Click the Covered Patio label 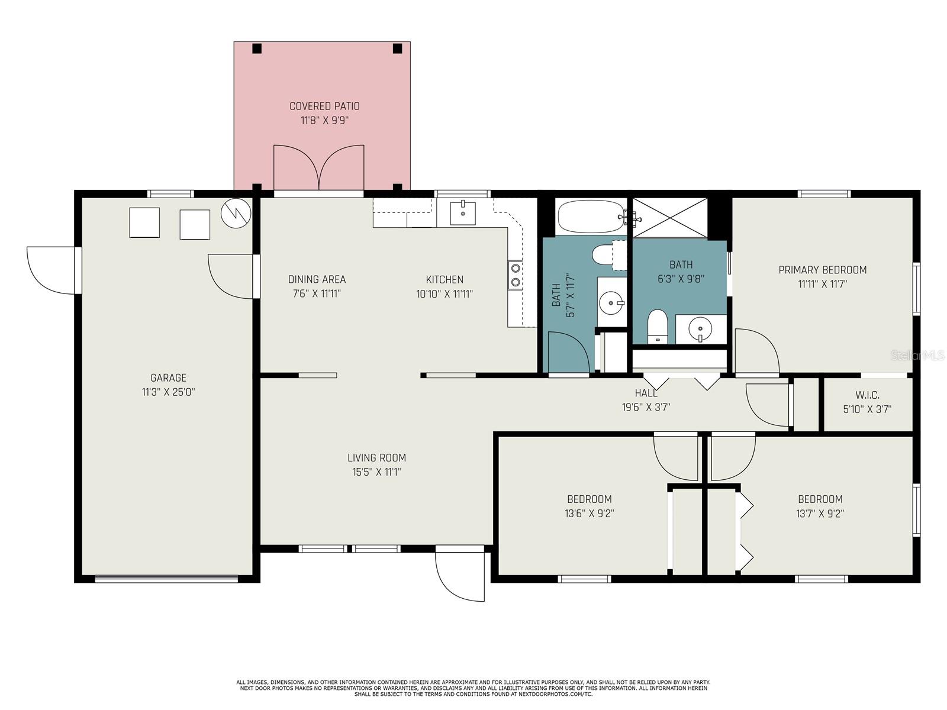click(x=324, y=106)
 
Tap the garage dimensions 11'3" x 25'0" click(x=168, y=392)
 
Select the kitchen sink click(x=462, y=213)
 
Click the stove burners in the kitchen click(x=516, y=275)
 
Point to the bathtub click(x=590, y=217)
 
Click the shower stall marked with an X click(x=670, y=218)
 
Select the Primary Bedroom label click(x=822, y=270)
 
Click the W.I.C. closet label click(x=867, y=395)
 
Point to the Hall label click(x=646, y=393)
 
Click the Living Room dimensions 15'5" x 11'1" click(x=376, y=472)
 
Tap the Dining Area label click(x=317, y=279)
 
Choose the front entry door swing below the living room click(x=459, y=577)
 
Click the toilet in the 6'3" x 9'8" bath click(x=657, y=326)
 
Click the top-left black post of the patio click(x=257, y=49)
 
